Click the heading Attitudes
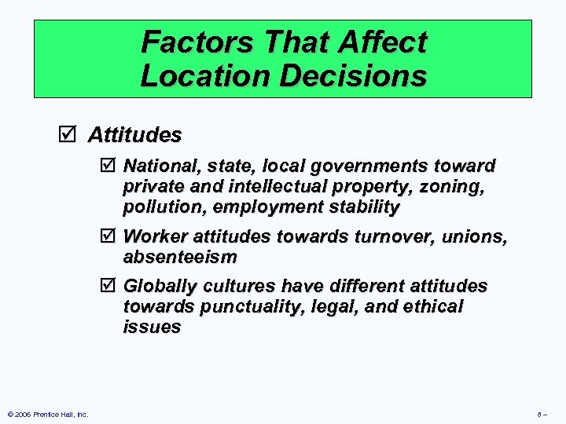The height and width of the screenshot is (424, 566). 134,135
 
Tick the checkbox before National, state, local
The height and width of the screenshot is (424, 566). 108,166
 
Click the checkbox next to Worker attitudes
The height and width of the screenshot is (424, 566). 108,236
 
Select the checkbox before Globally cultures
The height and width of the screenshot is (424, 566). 108,286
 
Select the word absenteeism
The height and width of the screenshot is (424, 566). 180,257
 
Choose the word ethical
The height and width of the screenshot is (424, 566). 432,306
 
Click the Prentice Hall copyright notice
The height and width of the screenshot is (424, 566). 47,414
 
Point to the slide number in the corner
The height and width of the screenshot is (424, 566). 542,414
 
